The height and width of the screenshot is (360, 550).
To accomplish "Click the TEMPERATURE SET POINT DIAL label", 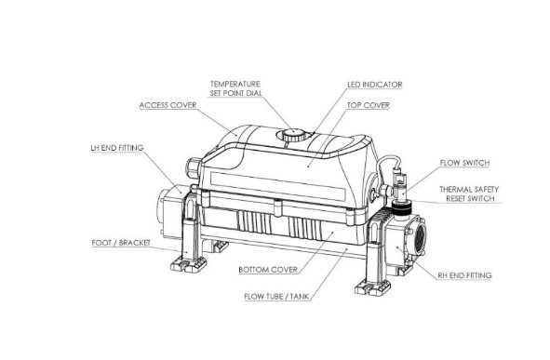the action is pyautogui.click(x=235, y=88).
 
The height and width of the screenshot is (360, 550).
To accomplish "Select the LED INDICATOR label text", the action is pyautogui.click(x=375, y=85).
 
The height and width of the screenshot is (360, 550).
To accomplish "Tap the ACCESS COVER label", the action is pyautogui.click(x=168, y=105).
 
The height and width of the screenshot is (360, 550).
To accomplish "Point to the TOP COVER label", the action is pyautogui.click(x=369, y=105).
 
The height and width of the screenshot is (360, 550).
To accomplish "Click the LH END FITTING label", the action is pyautogui.click(x=117, y=148).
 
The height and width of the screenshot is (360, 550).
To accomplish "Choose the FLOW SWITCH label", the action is pyautogui.click(x=464, y=163).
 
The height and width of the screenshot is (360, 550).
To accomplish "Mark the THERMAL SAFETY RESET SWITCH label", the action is pyautogui.click(x=469, y=193).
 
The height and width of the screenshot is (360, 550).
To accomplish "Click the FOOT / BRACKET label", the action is pyautogui.click(x=121, y=243).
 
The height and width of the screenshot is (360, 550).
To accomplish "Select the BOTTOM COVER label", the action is pyautogui.click(x=268, y=270).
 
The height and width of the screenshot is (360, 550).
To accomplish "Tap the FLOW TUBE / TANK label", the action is pyautogui.click(x=276, y=297).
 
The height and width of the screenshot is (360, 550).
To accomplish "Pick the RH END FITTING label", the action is pyautogui.click(x=464, y=275).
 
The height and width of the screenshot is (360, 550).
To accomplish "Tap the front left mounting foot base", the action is pyautogui.click(x=189, y=264).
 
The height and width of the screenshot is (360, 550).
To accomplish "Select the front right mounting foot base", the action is pyautogui.click(x=372, y=287).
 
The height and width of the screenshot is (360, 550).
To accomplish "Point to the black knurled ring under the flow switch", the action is pyautogui.click(x=400, y=209).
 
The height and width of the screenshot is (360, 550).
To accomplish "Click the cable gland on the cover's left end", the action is pyautogui.click(x=194, y=167).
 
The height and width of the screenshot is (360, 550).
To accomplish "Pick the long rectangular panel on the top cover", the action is pyautogui.click(x=277, y=186).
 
